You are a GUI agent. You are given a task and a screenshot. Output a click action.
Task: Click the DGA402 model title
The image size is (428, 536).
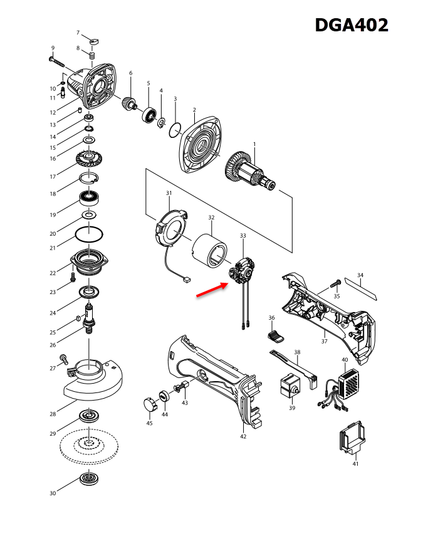pos(351,25)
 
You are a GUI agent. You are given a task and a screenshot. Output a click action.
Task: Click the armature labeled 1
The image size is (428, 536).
pos(251,171)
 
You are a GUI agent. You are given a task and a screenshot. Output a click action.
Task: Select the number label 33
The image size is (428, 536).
pos(243,235)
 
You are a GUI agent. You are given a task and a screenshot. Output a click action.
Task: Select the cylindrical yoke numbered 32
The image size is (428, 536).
pos(212,250)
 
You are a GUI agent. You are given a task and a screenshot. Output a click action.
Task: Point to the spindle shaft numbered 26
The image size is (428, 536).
pos(89,317)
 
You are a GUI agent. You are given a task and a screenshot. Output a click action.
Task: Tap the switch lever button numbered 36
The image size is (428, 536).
pos(276,336)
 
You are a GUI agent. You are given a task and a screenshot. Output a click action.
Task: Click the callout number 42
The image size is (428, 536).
pos(243,436)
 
